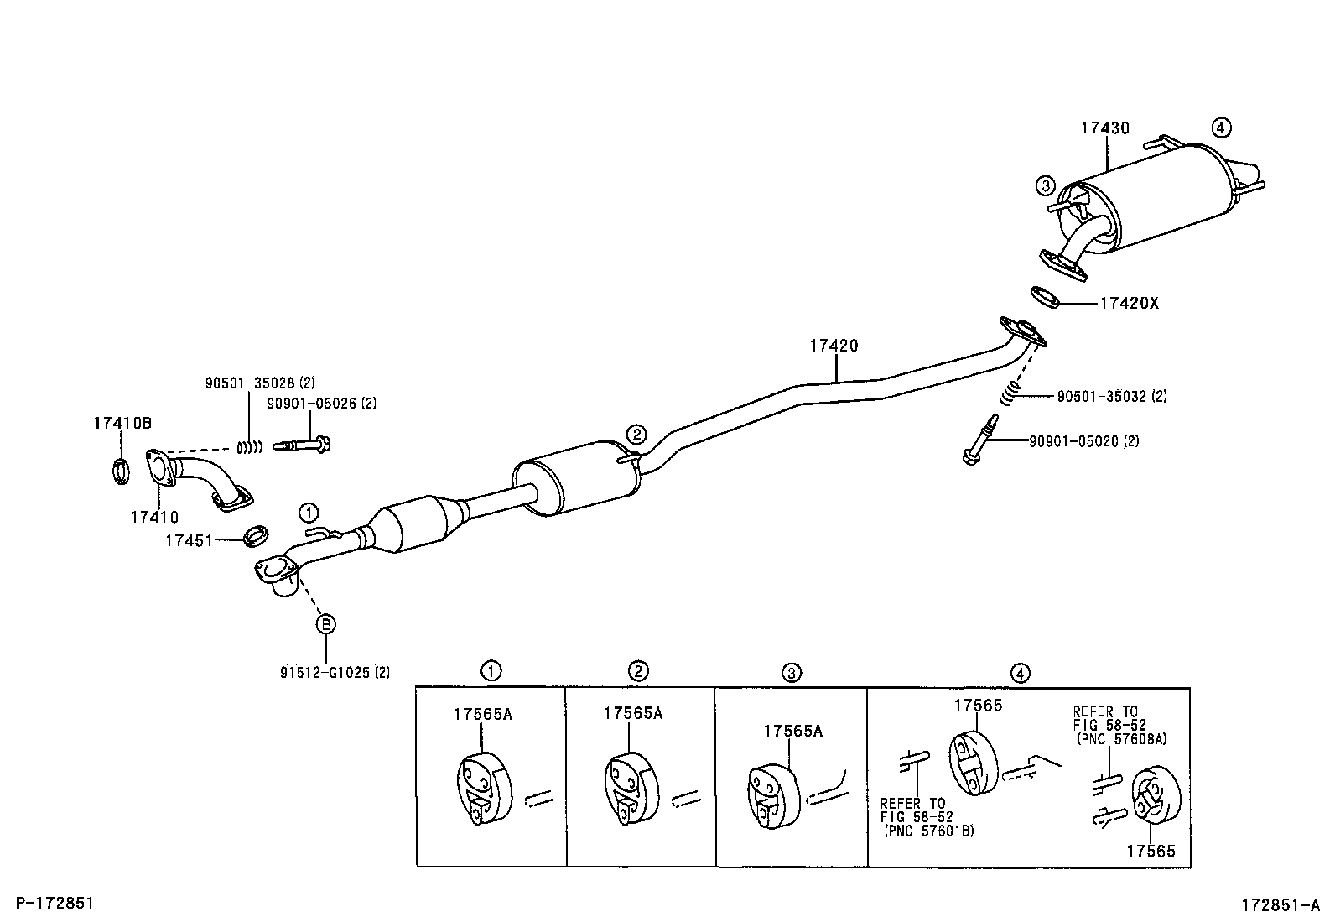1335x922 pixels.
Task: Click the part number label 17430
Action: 1104,128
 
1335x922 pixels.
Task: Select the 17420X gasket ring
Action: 1043,296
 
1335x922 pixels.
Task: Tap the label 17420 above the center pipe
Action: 834,345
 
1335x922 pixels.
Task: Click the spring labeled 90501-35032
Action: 1012,389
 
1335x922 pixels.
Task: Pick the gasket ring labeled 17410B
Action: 120,471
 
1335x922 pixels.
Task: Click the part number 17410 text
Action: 154,518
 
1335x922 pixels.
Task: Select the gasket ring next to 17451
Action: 257,535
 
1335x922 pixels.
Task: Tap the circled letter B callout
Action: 325,623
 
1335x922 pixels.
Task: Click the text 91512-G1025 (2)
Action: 335,672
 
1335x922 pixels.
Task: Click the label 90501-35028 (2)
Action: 260,383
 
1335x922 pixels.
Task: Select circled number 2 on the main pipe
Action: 636,434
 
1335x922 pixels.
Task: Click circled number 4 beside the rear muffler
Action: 1221,128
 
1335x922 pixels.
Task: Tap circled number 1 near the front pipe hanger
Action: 309,512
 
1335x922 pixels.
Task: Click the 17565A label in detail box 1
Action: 482,714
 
